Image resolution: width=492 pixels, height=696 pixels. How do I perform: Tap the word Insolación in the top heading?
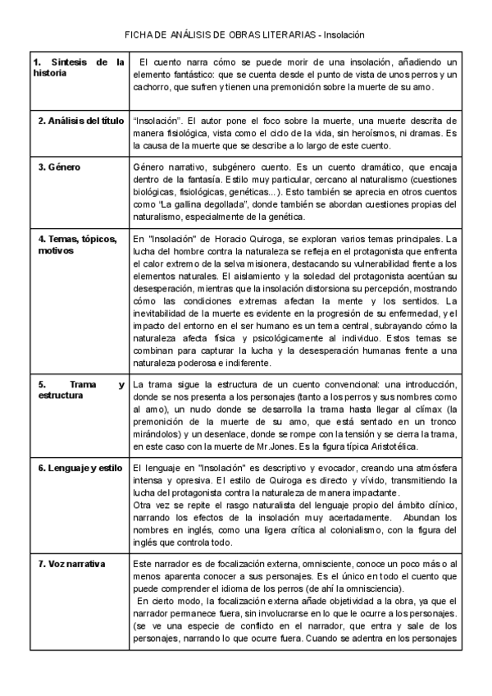click(344, 35)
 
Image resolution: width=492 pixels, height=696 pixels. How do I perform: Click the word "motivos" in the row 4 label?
click(50, 250)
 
